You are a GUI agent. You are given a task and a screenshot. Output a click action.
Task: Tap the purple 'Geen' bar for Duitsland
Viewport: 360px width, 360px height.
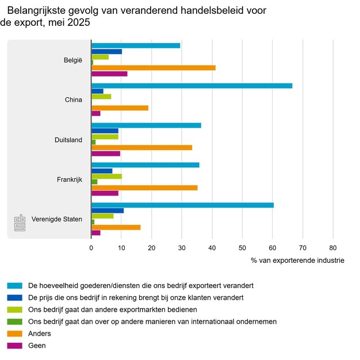pos(106,154)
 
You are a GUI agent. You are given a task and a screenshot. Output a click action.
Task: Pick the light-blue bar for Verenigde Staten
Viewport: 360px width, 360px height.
pos(182,205)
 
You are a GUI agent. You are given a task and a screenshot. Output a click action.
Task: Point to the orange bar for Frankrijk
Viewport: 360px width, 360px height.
pos(144,187)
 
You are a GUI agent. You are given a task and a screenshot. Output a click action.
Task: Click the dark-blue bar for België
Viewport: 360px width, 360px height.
pos(106,52)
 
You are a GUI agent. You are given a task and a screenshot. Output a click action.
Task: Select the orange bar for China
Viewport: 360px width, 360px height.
pos(120,108)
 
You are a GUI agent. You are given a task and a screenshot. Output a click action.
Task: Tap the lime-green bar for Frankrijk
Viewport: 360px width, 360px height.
pos(106,177)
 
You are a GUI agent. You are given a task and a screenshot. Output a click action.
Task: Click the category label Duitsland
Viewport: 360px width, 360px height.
pos(68,140)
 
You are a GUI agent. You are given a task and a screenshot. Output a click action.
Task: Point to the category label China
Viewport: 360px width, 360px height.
pos(74,100)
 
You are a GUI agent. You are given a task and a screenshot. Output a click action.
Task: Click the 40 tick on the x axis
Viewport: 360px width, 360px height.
pos(212,248)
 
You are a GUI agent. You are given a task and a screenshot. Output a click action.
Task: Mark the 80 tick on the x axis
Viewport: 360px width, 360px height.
pos(332,248)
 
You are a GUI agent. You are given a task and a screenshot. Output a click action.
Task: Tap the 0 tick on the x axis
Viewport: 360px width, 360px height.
pos(91,248)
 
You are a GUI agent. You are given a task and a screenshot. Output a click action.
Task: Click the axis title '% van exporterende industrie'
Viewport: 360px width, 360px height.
pos(297,261)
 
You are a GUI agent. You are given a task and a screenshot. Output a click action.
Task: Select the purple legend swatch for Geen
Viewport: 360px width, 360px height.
pos(15,346)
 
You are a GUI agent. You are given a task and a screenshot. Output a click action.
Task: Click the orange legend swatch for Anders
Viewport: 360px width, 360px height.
pos(15,334)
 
